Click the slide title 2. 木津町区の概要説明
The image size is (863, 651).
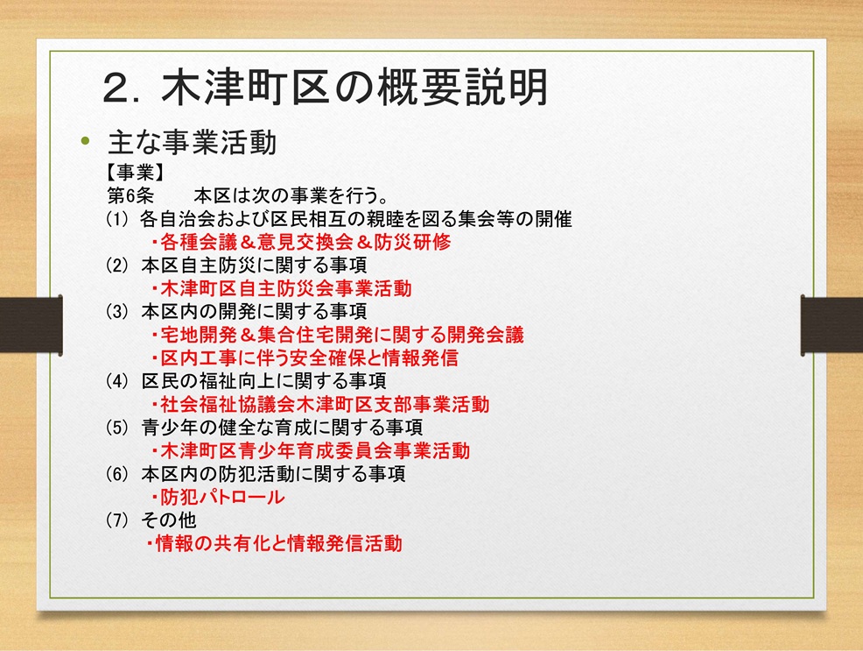click(326, 87)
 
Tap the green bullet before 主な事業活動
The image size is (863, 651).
click(85, 141)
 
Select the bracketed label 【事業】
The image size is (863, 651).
click(135, 173)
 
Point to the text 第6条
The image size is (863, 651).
click(130, 196)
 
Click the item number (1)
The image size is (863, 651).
click(116, 219)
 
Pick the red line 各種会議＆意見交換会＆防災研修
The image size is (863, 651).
click(301, 243)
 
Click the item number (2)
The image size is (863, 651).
click(116, 265)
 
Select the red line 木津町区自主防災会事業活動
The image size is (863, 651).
click(281, 288)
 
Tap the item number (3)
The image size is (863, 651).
click(116, 312)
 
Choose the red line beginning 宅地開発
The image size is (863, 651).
click(337, 335)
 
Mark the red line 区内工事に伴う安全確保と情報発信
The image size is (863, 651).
click(305, 358)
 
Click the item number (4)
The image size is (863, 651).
click(116, 381)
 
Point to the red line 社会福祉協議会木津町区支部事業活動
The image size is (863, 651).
click(319, 404)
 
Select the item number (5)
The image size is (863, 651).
click(116, 428)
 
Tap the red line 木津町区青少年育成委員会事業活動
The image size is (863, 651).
click(311, 450)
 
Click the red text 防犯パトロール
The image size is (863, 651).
click(218, 498)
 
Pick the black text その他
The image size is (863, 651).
click(168, 520)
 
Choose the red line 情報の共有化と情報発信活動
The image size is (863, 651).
click(274, 543)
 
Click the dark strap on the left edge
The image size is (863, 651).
click(32, 325)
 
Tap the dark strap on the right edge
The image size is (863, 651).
click(831, 325)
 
